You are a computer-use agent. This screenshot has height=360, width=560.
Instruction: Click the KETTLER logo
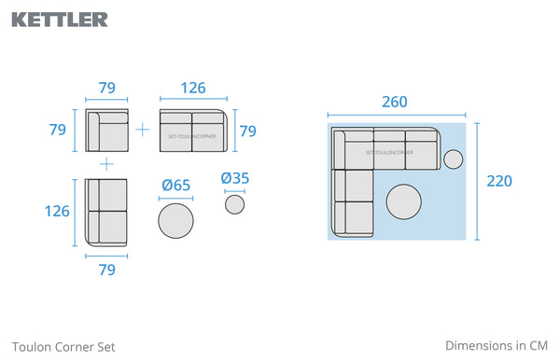60,20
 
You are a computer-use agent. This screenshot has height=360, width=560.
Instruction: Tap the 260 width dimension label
395,102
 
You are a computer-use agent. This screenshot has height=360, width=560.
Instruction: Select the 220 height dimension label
499,181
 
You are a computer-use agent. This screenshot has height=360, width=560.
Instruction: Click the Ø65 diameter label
175,186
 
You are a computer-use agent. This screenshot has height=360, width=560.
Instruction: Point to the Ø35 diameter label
234,178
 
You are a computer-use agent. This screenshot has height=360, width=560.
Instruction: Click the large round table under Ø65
175,221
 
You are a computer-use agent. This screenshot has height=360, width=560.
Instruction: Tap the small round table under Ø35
234,204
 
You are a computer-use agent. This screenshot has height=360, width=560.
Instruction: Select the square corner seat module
106,131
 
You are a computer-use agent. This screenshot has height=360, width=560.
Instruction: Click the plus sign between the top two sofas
143,130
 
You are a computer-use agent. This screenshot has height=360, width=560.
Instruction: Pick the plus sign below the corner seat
106,164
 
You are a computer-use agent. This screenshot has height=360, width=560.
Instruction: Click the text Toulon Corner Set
63,347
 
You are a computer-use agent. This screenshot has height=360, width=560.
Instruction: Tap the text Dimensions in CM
497,346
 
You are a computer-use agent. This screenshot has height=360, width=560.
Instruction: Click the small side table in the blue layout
454,159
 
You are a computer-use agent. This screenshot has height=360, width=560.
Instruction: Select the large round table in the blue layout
404,201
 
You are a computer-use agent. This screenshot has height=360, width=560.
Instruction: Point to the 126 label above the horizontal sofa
193,88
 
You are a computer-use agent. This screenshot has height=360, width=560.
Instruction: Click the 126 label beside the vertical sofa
57,211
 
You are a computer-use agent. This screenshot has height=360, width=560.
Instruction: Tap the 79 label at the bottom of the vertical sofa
106,270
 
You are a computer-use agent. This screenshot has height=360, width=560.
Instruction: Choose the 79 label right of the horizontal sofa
248,132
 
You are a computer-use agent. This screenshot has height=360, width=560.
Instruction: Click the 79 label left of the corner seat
58,130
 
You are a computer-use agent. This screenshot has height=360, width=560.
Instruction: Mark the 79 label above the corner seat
106,88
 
